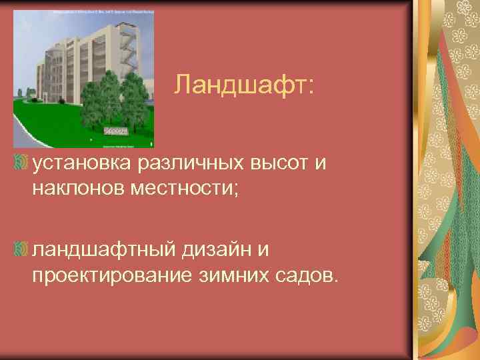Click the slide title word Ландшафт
244,84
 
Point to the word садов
299,276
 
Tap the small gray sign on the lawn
116,132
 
